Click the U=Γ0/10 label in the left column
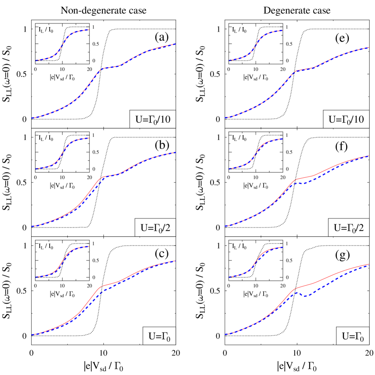coord(153,120)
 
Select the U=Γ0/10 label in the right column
coord(346,120)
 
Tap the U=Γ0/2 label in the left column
coord(155,228)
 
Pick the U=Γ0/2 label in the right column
coord(348,228)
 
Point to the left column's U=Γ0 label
coord(159,336)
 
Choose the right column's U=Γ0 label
coord(352,336)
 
